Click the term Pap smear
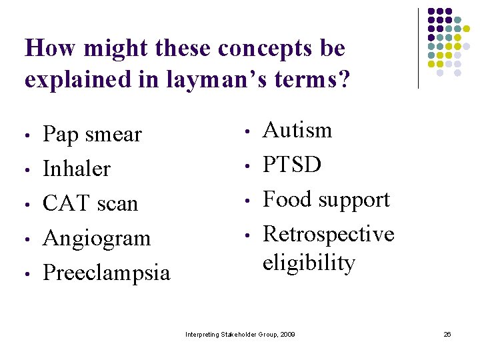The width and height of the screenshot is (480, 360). point(92,135)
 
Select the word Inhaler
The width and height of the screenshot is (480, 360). point(76,169)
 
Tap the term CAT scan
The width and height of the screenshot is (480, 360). point(90,203)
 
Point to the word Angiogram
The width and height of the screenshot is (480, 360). point(97,239)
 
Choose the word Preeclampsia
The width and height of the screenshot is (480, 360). point(106,273)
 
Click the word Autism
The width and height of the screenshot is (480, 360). point(297,130)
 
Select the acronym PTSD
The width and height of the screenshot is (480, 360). point(292,165)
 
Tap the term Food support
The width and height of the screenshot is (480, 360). point(326,199)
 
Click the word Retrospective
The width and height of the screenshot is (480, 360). point(328,234)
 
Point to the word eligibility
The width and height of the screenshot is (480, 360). point(309,263)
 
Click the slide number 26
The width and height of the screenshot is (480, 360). point(447,333)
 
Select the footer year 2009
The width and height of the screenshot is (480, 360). point(287,333)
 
